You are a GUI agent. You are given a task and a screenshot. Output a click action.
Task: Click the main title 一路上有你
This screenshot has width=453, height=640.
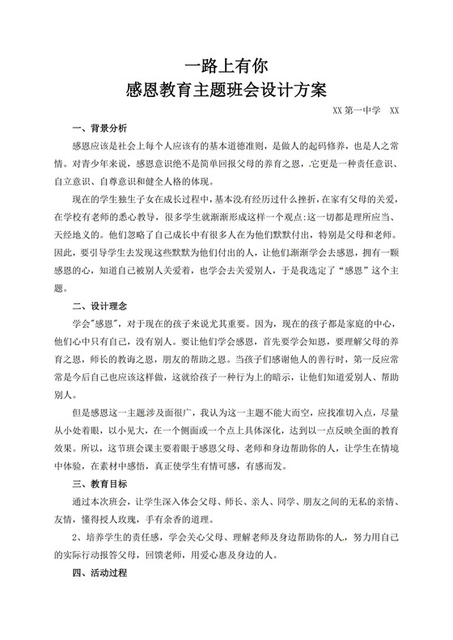click(x=226, y=64)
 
